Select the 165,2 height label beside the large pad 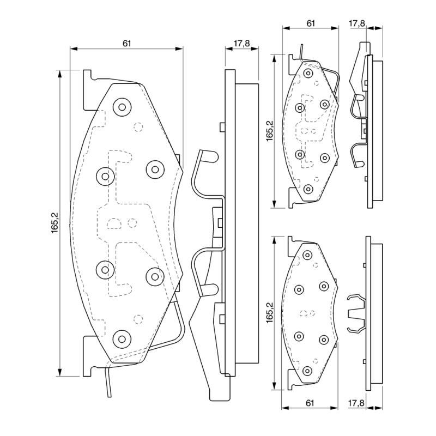click(55, 223)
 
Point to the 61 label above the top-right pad click(310, 23)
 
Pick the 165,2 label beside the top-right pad click(269, 131)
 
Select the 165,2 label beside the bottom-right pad click(269, 313)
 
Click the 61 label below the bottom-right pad click(310, 403)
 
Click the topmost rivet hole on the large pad click(122, 106)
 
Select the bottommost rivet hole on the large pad click(121, 338)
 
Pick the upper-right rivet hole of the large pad click(155, 169)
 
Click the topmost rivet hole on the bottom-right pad click(307, 255)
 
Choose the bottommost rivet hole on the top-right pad click(308, 189)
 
